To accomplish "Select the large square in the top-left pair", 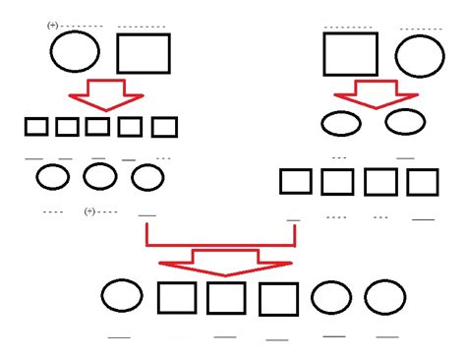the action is pyautogui.click(x=144, y=53).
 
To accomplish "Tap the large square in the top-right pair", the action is pyautogui.click(x=350, y=53).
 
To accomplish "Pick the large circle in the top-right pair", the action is pyautogui.click(x=421, y=54).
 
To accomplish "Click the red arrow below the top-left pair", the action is pyautogui.click(x=105, y=94).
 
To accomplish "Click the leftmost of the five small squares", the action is pyautogui.click(x=36, y=126).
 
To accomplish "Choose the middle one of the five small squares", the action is pyautogui.click(x=97, y=126).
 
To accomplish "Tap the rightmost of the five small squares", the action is pyautogui.click(x=164, y=127).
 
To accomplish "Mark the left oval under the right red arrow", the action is pyautogui.click(x=340, y=123).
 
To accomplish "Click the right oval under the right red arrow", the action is pyautogui.click(x=404, y=122).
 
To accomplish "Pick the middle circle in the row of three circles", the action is pyautogui.click(x=99, y=176).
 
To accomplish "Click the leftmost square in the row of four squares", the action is pyautogui.click(x=296, y=182).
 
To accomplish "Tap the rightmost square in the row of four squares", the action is pyautogui.click(x=423, y=182).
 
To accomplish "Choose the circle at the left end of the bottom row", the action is pyautogui.click(x=122, y=296).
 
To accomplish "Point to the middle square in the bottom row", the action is pyautogui.click(x=226, y=298).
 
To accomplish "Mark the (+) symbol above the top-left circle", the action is pyautogui.click(x=52, y=25).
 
